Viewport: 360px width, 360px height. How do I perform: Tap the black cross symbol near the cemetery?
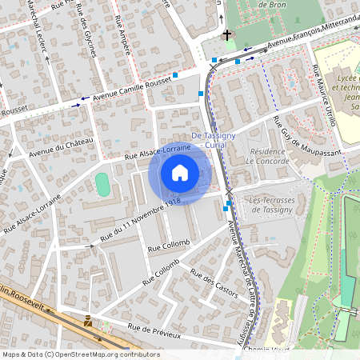(x=227, y=35)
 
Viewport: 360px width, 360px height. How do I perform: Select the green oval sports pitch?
(x=102, y=184)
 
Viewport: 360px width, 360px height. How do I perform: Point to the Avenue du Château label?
(x=62, y=147)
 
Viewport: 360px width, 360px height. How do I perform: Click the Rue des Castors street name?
(x=214, y=282)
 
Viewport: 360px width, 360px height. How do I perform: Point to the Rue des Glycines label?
(x=90, y=36)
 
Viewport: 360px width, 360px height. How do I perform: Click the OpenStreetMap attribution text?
(x=80, y=354)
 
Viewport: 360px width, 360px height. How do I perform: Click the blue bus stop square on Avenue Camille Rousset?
(x=174, y=74)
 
